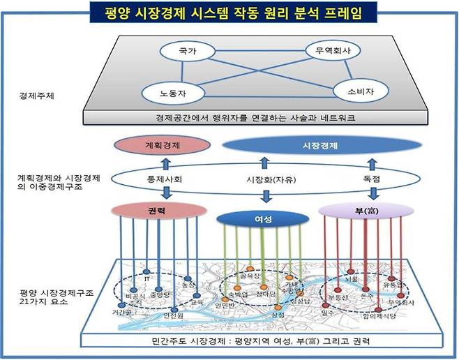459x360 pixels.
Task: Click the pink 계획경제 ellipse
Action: pos(163,147)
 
